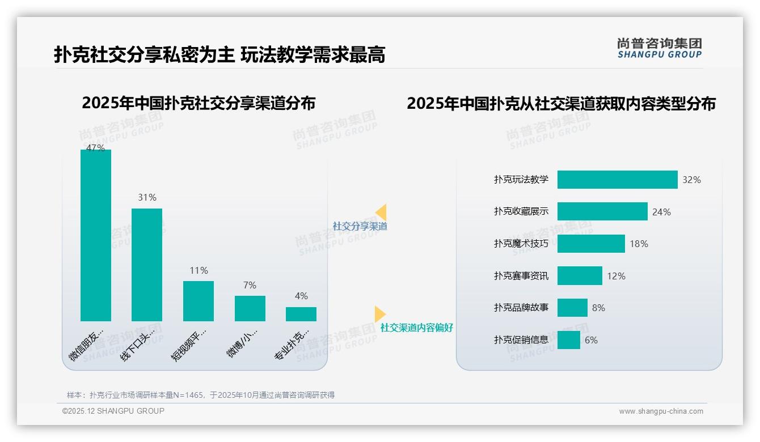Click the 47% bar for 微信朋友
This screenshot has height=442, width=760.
(x=96, y=235)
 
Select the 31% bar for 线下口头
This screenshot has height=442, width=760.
(x=147, y=265)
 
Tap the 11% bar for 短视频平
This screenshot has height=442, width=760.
(x=199, y=301)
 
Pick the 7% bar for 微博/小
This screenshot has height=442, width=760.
(x=250, y=308)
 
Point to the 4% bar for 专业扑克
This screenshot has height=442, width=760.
(x=301, y=314)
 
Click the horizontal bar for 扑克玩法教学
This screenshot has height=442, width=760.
(x=617, y=180)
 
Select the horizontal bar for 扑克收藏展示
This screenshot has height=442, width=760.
(x=602, y=211)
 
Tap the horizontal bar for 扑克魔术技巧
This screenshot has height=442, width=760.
(x=591, y=244)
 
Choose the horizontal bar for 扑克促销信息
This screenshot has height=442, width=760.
(x=569, y=340)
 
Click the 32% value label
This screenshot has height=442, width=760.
(x=691, y=180)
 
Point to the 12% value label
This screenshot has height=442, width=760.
(x=616, y=276)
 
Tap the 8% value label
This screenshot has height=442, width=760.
(x=598, y=308)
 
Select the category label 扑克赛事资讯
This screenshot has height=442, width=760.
(x=521, y=276)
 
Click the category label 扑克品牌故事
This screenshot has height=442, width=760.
(x=521, y=308)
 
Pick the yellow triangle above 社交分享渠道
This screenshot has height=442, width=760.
(x=381, y=212)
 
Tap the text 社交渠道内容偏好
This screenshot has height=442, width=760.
(x=417, y=328)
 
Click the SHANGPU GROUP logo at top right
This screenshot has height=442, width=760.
(x=659, y=48)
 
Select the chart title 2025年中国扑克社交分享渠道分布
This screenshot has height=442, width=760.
(x=199, y=103)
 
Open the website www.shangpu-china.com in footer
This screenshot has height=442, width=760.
(x=661, y=411)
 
